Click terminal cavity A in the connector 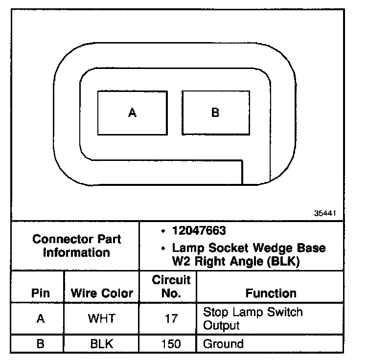click(x=132, y=113)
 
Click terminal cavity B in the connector click(x=215, y=113)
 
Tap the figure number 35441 click(x=325, y=214)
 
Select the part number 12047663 click(x=199, y=230)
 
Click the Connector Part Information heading click(x=76, y=246)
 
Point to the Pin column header click(x=41, y=293)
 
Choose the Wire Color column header click(x=102, y=293)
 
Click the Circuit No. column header click(x=171, y=287)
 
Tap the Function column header click(x=271, y=293)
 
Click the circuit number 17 click(x=171, y=318)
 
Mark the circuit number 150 click(x=171, y=344)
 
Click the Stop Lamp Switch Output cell click(x=253, y=318)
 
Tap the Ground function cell click(x=223, y=344)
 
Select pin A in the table click(x=41, y=318)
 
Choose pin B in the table click(x=41, y=344)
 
